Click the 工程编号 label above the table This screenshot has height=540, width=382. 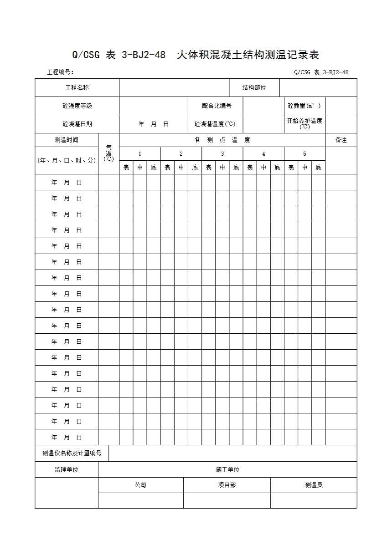pyautogui.click(x=60, y=72)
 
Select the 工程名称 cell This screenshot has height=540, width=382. pyautogui.click(x=77, y=87)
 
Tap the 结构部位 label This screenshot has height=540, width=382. pyautogui.click(x=254, y=87)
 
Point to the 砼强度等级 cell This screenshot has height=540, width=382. pyautogui.click(x=77, y=106)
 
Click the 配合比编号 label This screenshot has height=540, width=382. pyautogui.click(x=217, y=106)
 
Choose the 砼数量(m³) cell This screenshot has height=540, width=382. pyautogui.click(x=304, y=106)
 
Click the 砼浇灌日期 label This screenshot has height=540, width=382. pyautogui.click(x=77, y=124)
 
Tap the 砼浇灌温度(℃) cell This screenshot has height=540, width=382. pyautogui.click(x=215, y=124)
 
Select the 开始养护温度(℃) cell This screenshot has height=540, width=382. pyautogui.click(x=305, y=123)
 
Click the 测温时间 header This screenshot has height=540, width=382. pyautogui.click(x=66, y=140)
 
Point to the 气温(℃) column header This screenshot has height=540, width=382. pyautogui.click(x=108, y=153)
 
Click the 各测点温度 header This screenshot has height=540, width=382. pyautogui.click(x=222, y=140)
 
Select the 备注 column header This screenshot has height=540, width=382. pyautogui.click(x=341, y=140)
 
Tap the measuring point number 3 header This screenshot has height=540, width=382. pyautogui.click(x=222, y=153)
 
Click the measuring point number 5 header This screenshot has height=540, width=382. pyautogui.click(x=305, y=153)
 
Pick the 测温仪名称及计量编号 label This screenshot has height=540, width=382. pyautogui.click(x=72, y=453)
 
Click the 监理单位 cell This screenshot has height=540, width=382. pyautogui.click(x=66, y=469)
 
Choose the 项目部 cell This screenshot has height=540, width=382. pyautogui.click(x=227, y=485)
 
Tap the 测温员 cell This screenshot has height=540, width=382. pyautogui.click(x=314, y=485)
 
